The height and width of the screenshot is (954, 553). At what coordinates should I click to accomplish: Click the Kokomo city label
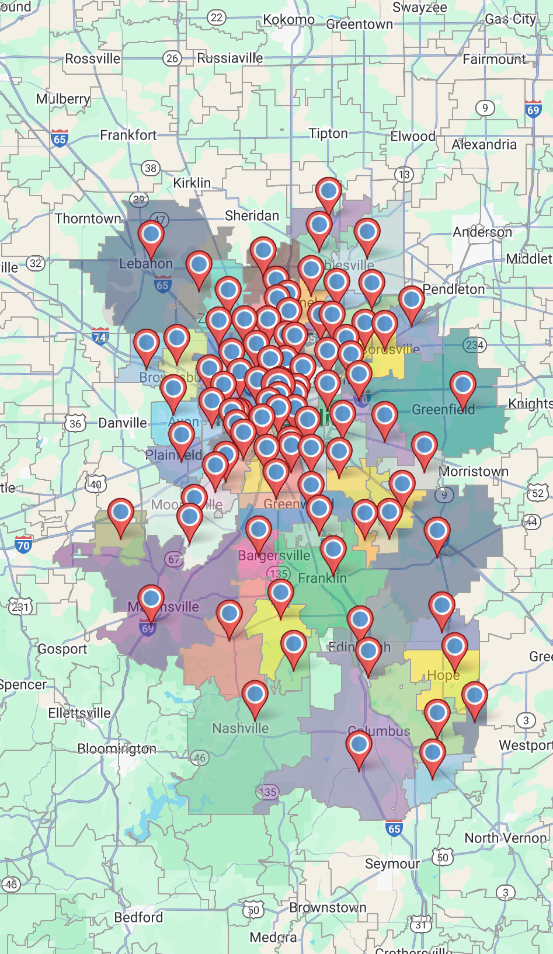point(288,20)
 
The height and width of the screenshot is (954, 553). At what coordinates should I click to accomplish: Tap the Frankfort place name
point(128,135)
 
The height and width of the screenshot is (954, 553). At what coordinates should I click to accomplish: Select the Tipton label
point(328,134)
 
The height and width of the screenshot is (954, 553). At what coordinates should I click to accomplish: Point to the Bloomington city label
point(117,748)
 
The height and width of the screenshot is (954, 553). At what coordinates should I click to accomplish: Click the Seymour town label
point(392,864)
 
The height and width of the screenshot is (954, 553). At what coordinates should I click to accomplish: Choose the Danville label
point(123,423)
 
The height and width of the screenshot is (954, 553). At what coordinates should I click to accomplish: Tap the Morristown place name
point(474,471)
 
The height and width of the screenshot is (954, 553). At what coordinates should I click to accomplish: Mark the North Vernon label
point(505,838)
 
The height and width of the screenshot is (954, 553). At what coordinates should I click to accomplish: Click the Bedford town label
point(138,917)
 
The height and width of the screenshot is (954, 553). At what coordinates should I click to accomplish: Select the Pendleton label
point(454,289)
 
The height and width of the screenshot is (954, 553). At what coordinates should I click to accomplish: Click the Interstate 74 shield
point(100,337)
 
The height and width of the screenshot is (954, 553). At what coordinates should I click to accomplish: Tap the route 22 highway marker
point(217,18)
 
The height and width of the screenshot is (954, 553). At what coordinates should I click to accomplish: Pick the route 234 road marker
point(475,345)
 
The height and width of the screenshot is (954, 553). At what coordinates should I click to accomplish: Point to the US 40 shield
point(96,484)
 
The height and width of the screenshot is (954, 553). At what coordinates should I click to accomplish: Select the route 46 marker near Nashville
point(200,758)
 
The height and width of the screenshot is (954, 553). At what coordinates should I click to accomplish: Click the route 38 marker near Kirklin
point(151,168)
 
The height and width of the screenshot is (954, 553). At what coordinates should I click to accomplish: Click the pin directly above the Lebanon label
point(151,235)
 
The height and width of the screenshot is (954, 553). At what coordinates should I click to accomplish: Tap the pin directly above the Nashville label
point(255,695)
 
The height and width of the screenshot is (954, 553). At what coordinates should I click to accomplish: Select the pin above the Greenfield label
point(462,385)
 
